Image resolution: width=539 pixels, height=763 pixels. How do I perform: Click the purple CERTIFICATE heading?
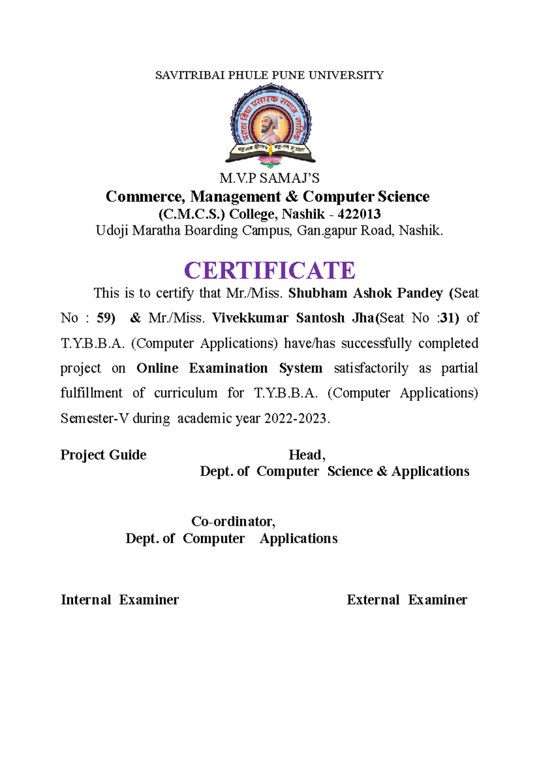tap(269, 271)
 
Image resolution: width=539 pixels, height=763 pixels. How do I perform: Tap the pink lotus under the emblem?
tap(270, 161)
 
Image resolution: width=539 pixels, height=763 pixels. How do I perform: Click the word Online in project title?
tap(157, 368)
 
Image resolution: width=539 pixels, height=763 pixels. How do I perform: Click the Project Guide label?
tap(103, 455)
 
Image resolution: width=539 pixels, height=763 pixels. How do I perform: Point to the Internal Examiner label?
tap(120, 600)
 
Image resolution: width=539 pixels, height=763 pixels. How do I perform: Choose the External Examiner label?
tap(407, 600)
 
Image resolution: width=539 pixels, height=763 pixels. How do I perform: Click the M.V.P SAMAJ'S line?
tap(269, 178)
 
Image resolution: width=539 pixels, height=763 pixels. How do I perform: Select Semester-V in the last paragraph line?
tap(95, 418)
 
